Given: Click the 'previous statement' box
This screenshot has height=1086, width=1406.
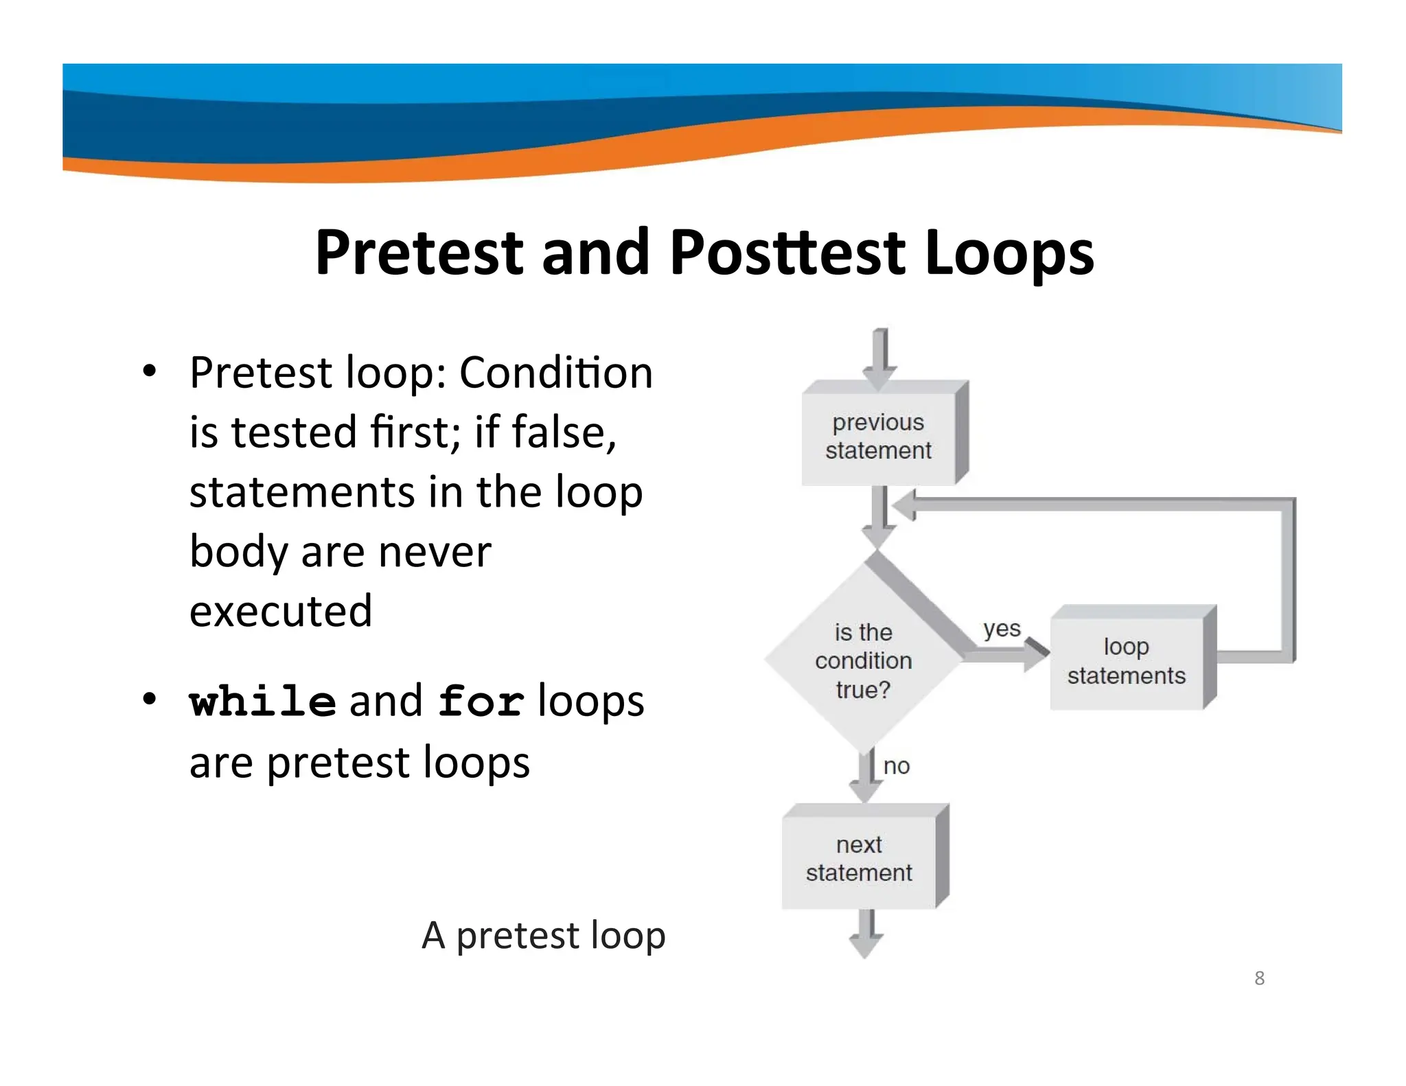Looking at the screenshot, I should [878, 436].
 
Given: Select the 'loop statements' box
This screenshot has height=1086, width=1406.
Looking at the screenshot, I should [1126, 660].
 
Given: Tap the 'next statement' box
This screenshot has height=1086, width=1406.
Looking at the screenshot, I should [859, 858].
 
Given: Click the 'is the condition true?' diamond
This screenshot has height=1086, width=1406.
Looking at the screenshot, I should [863, 660].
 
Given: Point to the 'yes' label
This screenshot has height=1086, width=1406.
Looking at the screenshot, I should [1002, 628].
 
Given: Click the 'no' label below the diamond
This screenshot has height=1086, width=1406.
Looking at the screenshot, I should [896, 766].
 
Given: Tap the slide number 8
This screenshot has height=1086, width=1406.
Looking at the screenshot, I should [1259, 978].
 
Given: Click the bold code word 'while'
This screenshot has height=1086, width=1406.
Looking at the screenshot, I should [263, 702].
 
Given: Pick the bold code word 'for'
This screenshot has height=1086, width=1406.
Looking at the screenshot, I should [481, 702].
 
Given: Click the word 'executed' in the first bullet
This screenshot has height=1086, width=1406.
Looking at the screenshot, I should [281, 610].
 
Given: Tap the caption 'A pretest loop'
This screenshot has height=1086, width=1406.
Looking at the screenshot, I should [543, 935].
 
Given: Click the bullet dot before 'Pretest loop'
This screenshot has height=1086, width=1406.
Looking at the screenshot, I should [150, 372].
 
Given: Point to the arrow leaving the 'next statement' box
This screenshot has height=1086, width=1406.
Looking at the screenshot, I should [866, 934].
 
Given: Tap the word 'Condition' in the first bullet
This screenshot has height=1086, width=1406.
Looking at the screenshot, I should [555, 373].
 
